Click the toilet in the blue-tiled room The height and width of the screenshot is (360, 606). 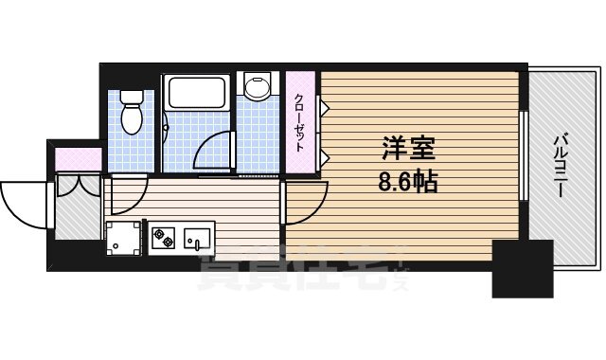[132, 111]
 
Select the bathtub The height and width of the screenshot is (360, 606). [195, 96]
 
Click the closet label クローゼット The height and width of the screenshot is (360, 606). [299, 123]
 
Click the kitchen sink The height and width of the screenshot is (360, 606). [199, 236]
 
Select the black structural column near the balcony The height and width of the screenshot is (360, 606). [522, 269]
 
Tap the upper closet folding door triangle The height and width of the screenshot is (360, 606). [323, 107]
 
